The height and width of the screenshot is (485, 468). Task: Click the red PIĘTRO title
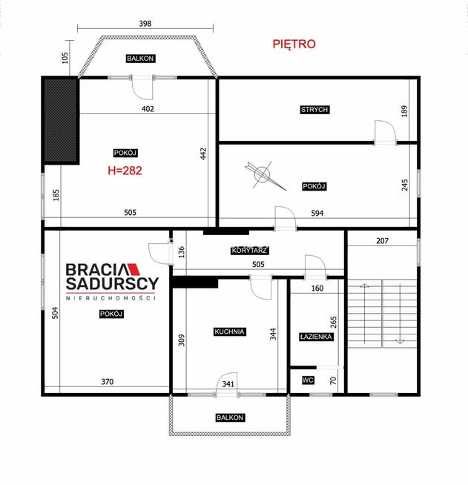[294, 44]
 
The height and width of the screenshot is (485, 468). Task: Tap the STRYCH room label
[314, 110]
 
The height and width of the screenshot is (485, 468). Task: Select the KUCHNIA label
[229, 331]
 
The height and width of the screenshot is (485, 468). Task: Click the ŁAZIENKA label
[316, 337]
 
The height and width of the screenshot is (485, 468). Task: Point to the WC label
[308, 380]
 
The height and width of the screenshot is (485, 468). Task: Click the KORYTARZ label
[249, 250]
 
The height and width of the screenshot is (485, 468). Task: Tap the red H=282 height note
[125, 171]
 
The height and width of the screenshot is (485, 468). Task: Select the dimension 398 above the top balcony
[145, 24]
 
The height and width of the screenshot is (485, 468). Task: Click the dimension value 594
[317, 213]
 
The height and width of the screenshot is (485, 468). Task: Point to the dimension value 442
[203, 154]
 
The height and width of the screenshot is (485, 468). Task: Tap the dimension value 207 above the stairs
[382, 240]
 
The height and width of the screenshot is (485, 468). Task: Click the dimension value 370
[108, 382]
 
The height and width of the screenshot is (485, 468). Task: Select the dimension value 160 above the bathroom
[317, 288]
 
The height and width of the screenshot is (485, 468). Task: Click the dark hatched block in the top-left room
[61, 121]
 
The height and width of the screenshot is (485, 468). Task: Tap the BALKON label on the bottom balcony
[230, 418]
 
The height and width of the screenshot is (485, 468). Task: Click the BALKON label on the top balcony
[140, 59]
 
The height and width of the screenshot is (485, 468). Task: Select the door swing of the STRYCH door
[385, 131]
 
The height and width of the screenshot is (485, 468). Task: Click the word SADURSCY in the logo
[112, 283]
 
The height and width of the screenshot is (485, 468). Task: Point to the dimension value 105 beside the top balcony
[65, 58]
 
